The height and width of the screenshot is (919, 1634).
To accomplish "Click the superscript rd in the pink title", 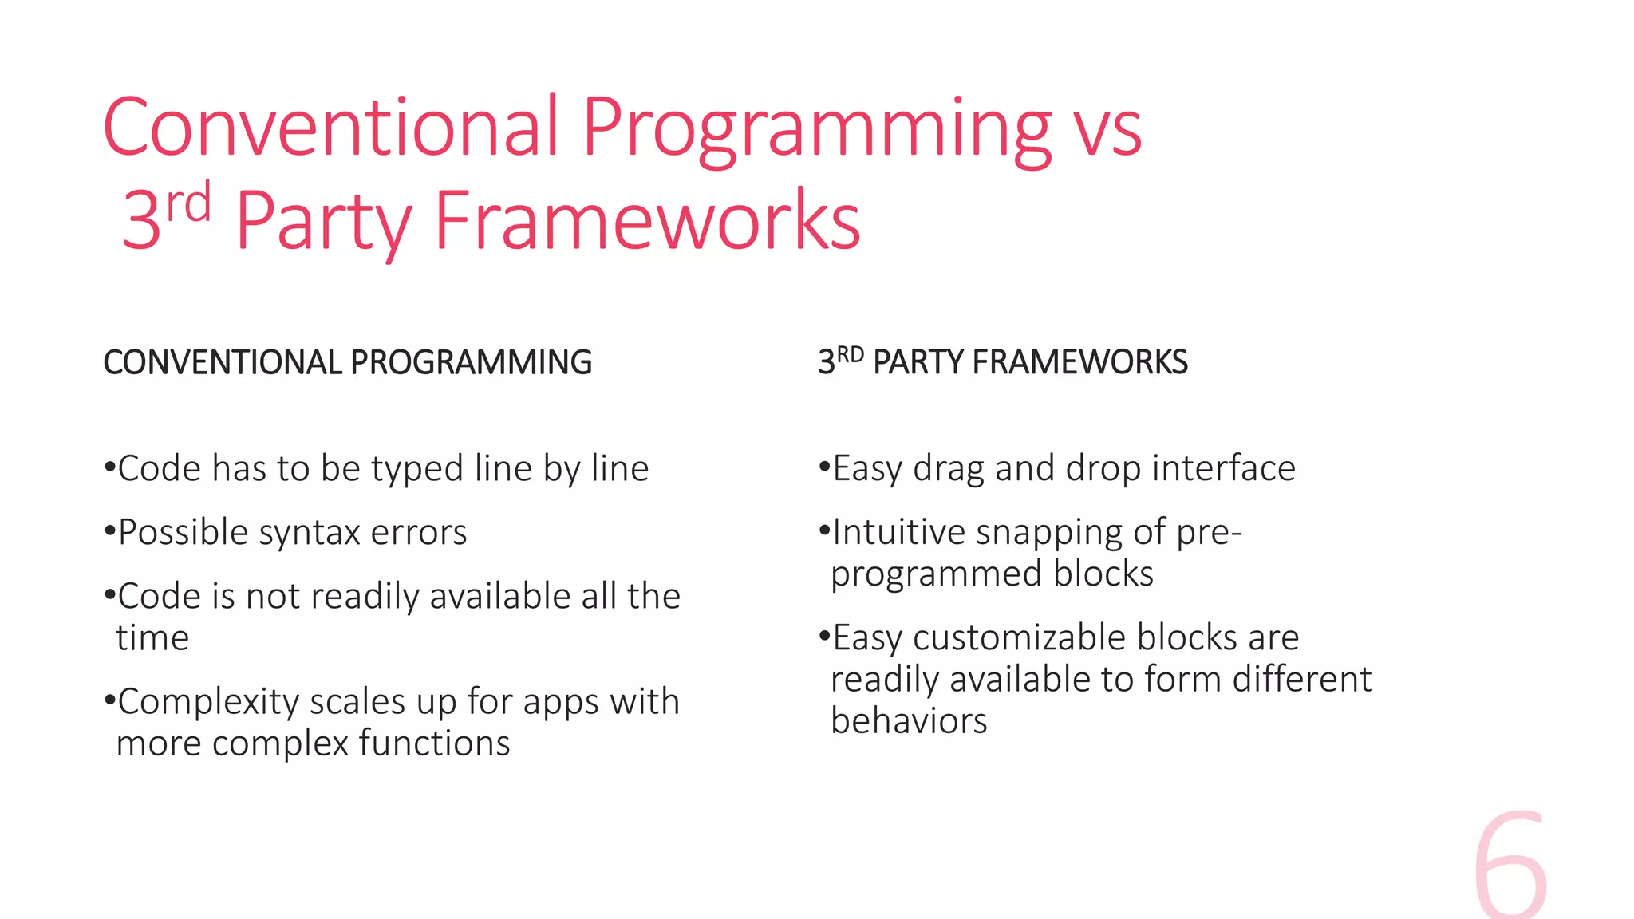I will coord(189,203).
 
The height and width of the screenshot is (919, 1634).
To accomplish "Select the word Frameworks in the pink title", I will coord(647,221).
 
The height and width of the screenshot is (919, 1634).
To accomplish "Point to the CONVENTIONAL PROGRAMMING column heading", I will coord(347,363).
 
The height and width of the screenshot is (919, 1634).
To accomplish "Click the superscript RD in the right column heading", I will coord(851,354).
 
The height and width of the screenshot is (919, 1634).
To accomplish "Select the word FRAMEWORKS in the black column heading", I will coord(1079,363).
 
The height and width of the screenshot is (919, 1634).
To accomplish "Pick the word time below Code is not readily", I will coord(152,638).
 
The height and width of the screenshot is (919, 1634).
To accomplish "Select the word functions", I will coord(434,743).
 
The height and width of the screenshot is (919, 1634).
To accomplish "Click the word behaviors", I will coord(909,721).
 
